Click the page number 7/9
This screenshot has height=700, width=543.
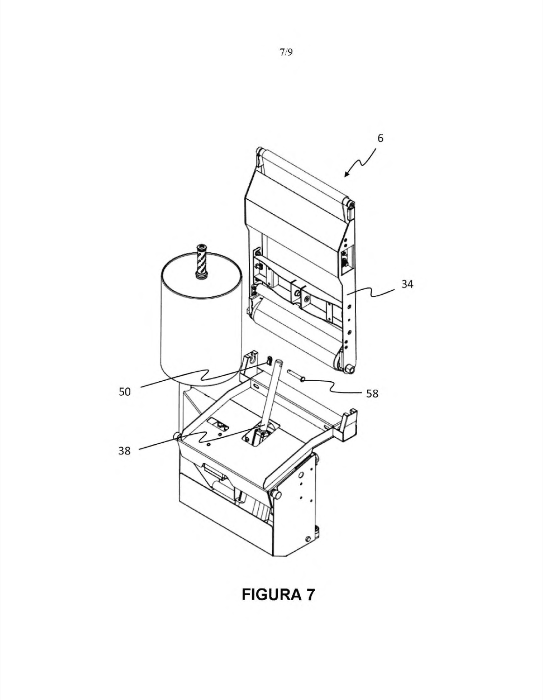click(286, 52)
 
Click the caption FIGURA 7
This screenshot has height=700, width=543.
click(278, 595)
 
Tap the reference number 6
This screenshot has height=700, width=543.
click(381, 138)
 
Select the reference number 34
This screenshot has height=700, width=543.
click(407, 284)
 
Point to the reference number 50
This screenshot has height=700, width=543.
click(125, 392)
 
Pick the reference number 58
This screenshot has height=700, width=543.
click(372, 393)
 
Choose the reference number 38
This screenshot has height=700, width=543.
click(124, 451)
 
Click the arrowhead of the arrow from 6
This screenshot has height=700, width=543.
click(346, 174)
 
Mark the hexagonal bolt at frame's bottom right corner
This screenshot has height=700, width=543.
click(349, 369)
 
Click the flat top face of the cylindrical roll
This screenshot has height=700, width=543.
click(202, 274)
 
